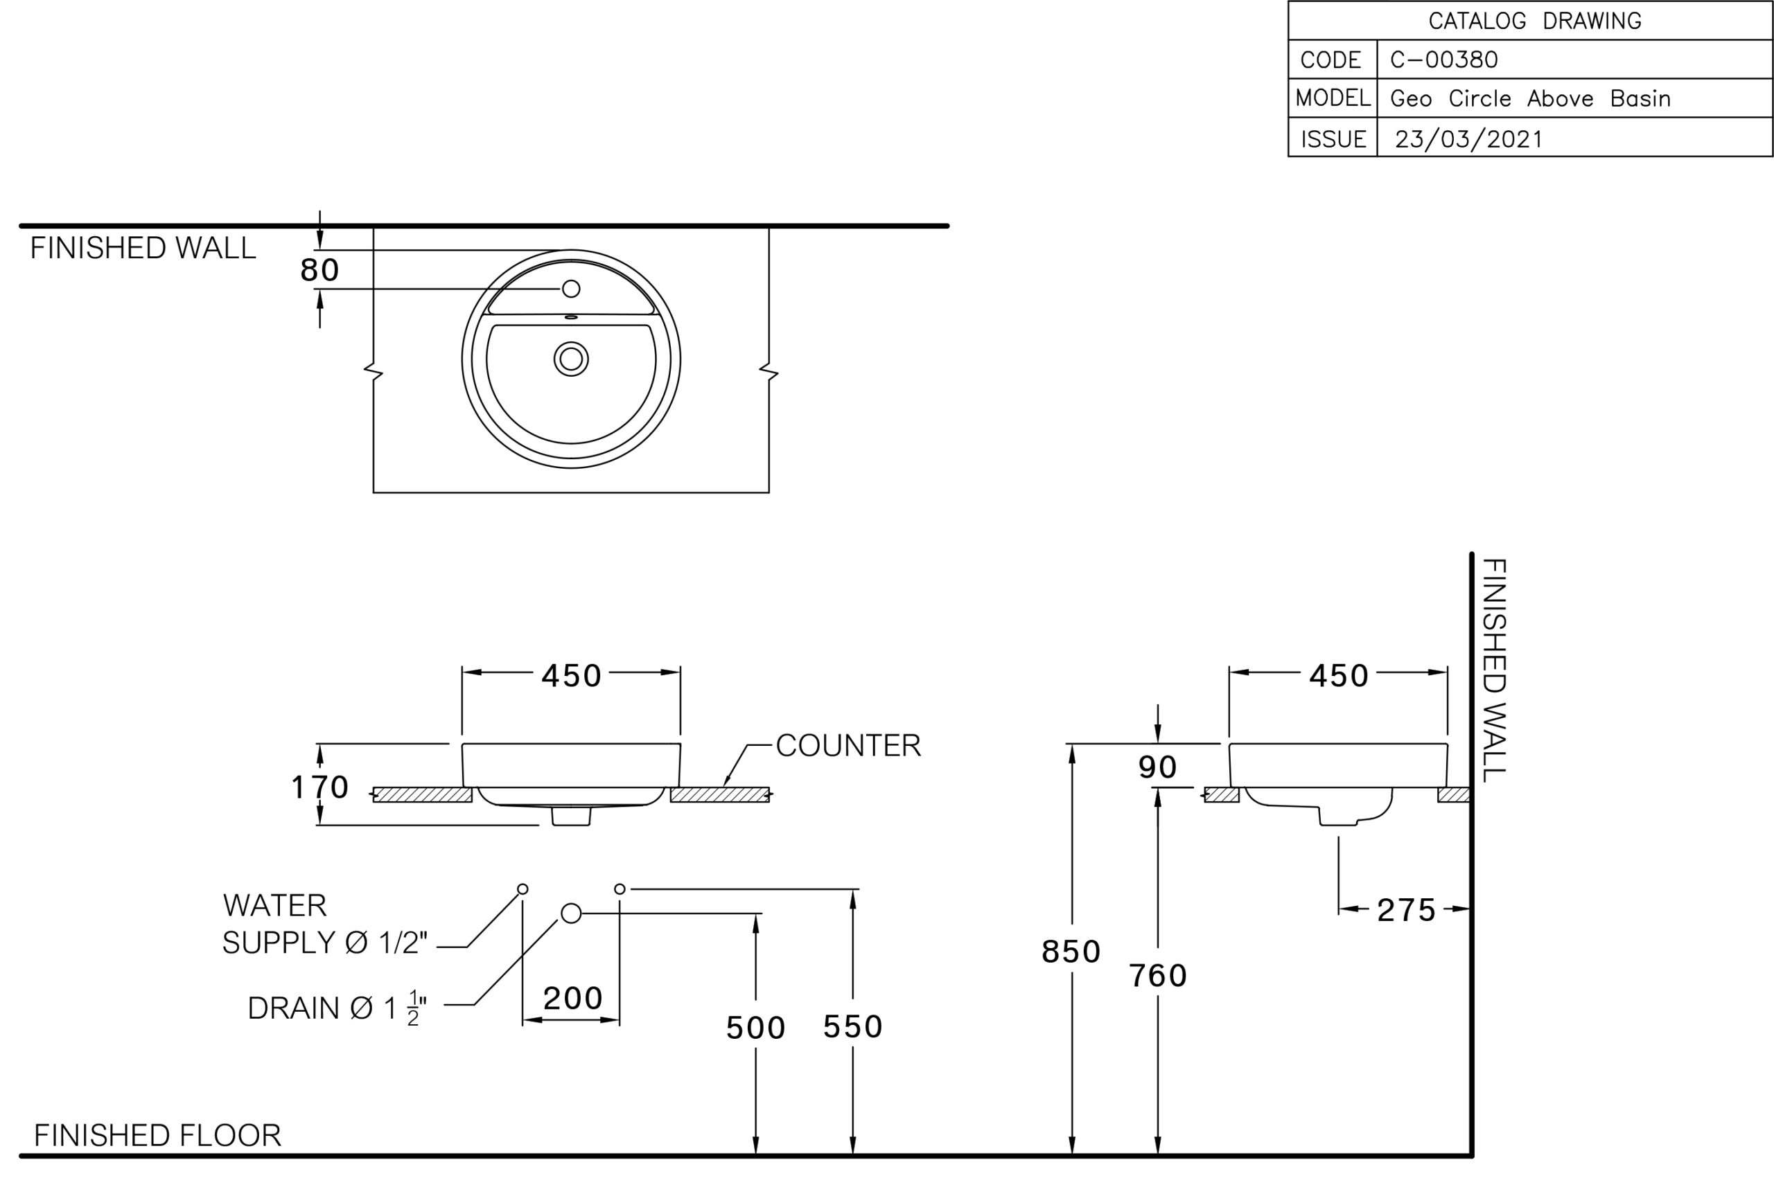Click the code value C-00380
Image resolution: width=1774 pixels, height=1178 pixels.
(1443, 60)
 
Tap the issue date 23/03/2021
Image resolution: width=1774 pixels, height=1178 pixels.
(1469, 139)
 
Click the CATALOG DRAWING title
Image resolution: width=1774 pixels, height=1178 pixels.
(1534, 20)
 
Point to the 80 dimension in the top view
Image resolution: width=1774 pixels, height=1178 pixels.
(319, 269)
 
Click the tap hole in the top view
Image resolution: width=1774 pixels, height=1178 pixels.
(571, 289)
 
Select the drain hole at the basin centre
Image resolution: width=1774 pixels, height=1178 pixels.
(571, 359)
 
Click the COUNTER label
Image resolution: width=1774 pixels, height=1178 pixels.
(848, 745)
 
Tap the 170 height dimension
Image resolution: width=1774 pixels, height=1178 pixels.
(319, 787)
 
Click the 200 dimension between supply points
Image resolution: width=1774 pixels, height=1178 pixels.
(573, 999)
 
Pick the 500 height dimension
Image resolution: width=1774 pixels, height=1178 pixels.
(755, 1028)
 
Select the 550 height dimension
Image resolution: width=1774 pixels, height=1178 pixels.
(852, 1027)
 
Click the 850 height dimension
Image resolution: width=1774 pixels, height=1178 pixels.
(1071, 952)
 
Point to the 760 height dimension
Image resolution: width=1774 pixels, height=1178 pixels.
(1158, 976)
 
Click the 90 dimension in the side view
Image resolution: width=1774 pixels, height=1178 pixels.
(1158, 767)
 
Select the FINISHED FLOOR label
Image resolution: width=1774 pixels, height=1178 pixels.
(158, 1135)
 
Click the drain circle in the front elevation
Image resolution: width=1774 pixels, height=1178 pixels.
(571, 913)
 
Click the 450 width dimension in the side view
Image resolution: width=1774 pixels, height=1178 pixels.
(1339, 676)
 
